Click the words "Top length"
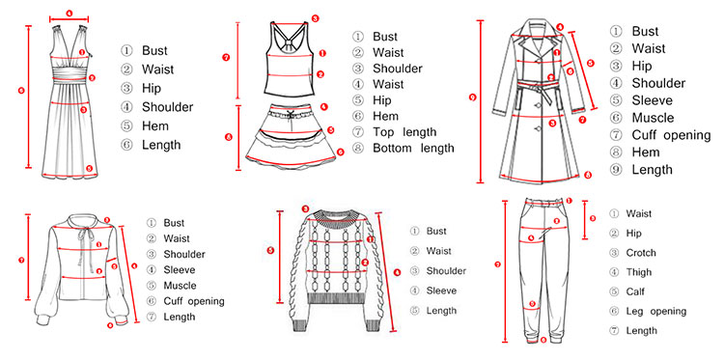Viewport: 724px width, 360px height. tap(404, 132)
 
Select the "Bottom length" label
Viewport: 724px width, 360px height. tap(413, 149)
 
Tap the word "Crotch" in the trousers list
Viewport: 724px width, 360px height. tap(641, 253)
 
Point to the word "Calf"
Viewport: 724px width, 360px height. tap(635, 291)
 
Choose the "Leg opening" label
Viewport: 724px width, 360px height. tap(656, 312)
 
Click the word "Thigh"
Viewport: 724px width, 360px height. tap(639, 272)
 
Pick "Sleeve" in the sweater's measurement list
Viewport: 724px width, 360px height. tap(441, 291)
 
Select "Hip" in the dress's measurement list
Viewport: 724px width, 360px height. tap(152, 88)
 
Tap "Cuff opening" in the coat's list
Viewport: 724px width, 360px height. tap(671, 135)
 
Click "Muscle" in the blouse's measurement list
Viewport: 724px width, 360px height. tap(180, 286)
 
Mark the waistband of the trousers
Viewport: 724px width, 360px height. tap(544, 203)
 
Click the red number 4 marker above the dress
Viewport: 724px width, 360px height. tap(69, 14)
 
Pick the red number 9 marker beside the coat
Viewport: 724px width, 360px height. tap(472, 97)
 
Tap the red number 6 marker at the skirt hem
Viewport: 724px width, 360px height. tap(340, 152)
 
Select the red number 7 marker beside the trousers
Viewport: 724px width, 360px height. tap(497, 264)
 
